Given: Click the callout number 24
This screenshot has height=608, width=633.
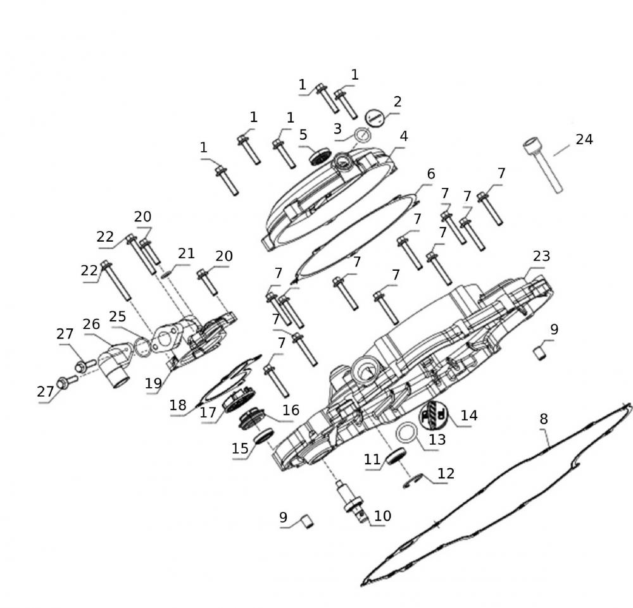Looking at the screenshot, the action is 584,140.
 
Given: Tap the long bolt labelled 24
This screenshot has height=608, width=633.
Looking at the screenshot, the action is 543,165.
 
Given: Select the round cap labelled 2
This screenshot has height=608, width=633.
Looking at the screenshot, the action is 375,118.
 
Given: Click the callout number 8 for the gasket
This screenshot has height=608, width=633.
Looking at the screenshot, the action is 544,419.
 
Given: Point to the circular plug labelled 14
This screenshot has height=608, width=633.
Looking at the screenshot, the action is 433,416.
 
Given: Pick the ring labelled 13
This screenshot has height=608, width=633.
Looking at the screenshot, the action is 407,433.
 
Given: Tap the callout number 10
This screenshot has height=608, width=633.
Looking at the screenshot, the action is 383,516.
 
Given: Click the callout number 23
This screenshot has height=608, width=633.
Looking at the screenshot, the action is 541,256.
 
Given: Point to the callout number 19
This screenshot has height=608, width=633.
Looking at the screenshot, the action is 153,383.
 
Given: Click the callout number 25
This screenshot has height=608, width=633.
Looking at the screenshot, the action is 118,316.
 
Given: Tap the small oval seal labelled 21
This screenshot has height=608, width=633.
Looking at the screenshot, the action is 166,275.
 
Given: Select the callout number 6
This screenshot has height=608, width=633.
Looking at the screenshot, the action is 431,174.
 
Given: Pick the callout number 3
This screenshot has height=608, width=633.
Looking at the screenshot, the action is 337,128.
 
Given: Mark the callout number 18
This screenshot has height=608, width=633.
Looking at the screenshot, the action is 178,405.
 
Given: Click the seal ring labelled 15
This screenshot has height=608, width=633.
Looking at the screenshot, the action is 263,436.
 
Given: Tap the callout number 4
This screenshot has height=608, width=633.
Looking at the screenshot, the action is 404,137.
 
